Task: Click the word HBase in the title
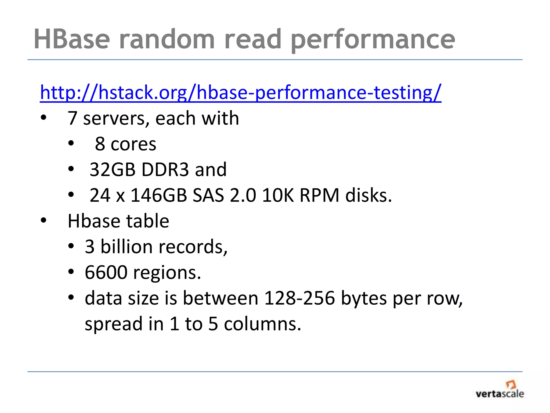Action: pos(72,39)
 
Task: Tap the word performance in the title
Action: pos(373,40)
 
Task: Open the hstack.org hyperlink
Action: pos(240,92)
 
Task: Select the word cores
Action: pos(133,144)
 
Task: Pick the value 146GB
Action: pos(158,195)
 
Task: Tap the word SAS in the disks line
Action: pos(208,195)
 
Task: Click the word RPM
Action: pos(319,195)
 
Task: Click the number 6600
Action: pos(106,272)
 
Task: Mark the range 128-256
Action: pos(299,298)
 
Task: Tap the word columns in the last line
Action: pos(262,324)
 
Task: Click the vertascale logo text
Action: pos(500,394)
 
